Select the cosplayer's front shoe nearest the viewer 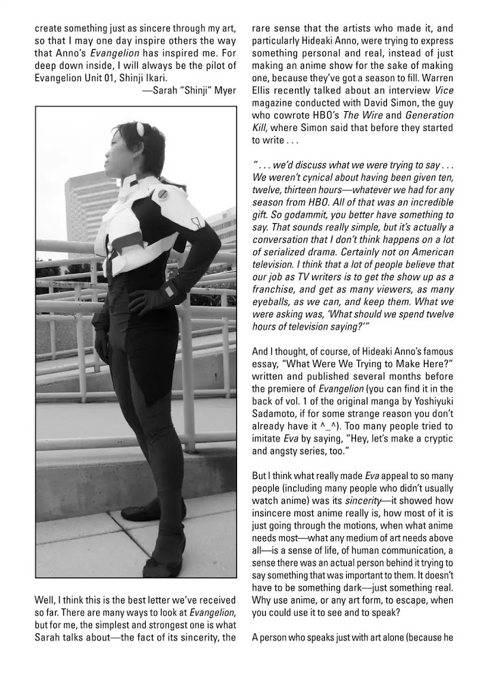point(161,568)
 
